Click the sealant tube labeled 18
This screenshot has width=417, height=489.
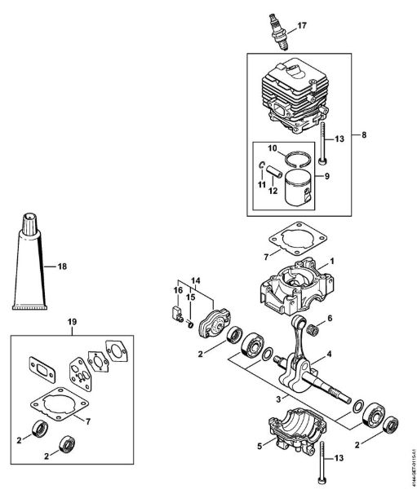pyautogui.click(x=29, y=265)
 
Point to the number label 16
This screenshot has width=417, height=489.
pyautogui.click(x=176, y=289)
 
